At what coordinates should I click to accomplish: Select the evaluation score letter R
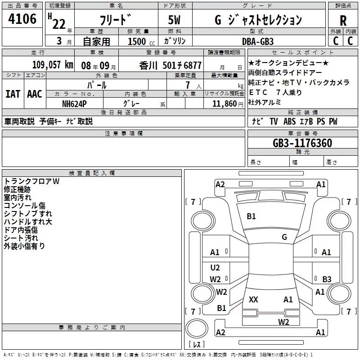point(343,20)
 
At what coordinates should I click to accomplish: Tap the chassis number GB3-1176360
point(302,143)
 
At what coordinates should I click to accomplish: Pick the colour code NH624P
point(75,103)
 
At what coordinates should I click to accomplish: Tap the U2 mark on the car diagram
point(215,268)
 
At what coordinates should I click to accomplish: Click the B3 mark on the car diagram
point(327,279)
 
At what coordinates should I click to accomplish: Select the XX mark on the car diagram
point(253,299)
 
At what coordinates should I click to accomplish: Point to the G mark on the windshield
point(284,237)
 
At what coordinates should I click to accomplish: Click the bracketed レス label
point(196,345)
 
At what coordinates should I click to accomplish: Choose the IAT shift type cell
point(13,94)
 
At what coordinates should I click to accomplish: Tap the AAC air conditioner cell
point(34,94)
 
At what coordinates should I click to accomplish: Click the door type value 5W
point(175,20)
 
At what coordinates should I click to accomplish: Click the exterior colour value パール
point(97,85)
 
